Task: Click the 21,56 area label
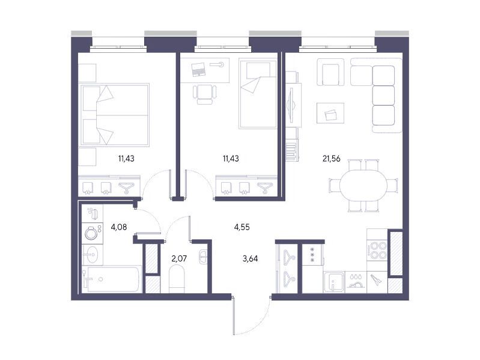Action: [331, 159]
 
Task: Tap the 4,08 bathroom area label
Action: [119, 227]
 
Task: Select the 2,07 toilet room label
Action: [179, 258]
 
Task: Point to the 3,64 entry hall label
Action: [250, 258]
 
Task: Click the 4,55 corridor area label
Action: [242, 227]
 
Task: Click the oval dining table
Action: [363, 186]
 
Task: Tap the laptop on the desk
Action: [199, 69]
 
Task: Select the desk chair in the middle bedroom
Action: [204, 94]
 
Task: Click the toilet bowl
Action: [177, 279]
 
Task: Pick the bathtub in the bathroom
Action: [112, 279]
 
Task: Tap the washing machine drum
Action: [91, 233]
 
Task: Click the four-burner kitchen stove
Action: [377, 250]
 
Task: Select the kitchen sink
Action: [334, 282]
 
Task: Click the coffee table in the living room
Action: [330, 113]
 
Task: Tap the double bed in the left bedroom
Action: [115, 115]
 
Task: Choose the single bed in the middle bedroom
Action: [258, 94]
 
